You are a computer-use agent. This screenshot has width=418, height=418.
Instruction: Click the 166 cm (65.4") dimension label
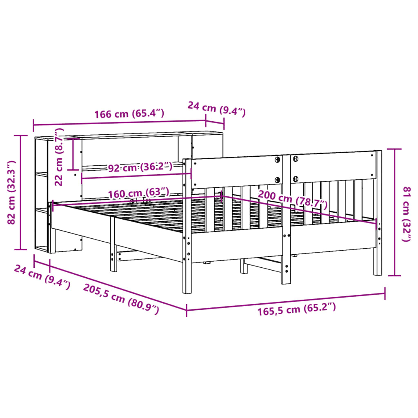click(x=129, y=113)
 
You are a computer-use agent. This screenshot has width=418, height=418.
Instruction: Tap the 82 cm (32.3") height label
click(x=12, y=192)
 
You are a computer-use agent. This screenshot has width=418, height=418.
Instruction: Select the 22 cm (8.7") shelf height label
click(x=60, y=157)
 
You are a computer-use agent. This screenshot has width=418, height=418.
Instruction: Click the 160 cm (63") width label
click(x=138, y=192)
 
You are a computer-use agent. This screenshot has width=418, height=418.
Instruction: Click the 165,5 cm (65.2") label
click(x=297, y=309)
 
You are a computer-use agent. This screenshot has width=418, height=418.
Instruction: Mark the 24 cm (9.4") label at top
click(x=216, y=109)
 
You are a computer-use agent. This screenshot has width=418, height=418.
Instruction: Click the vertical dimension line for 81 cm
click(x=394, y=212)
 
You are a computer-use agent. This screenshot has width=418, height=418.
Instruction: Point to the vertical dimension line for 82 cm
click(x=20, y=192)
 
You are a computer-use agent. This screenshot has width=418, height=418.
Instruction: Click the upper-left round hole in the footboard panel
click(x=277, y=159)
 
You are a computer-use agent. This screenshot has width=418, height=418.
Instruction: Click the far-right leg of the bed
click(x=378, y=253)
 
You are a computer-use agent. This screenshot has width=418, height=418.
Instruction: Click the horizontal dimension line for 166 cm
click(x=118, y=123)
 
